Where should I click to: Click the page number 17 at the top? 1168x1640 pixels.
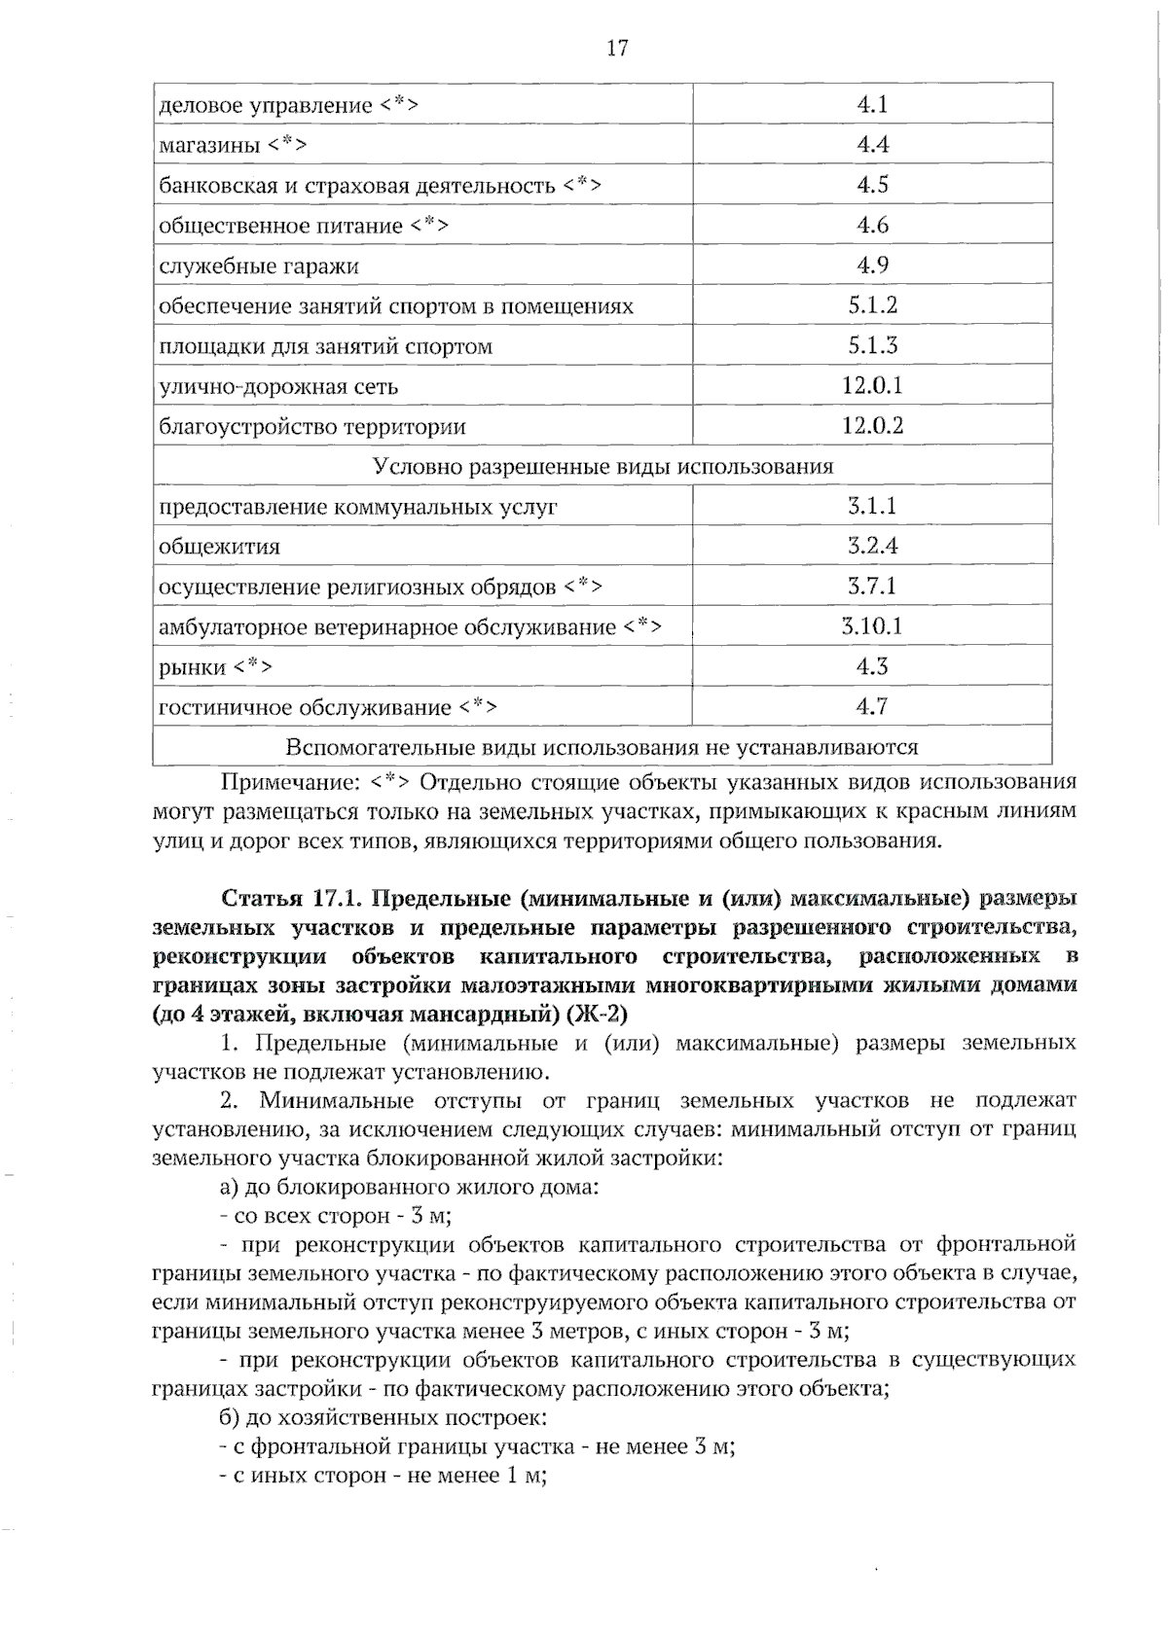[x=617, y=48]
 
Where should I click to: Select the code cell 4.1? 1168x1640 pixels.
[x=872, y=104]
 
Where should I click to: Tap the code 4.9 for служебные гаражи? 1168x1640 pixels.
[x=872, y=265]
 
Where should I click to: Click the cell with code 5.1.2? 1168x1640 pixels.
[x=872, y=305]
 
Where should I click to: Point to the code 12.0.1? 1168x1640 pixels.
[x=872, y=386]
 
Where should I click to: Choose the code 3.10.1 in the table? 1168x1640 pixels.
[x=872, y=626]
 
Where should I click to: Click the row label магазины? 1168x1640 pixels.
[x=208, y=146]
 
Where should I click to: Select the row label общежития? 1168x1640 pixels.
[x=219, y=547]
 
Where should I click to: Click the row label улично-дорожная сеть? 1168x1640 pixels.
[x=278, y=387]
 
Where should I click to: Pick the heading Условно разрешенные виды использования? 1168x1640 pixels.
[x=603, y=466]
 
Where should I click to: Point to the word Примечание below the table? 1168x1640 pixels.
[x=278, y=782]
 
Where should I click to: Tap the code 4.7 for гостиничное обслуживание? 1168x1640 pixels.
[x=872, y=706]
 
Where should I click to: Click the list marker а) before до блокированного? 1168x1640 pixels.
[x=230, y=1187]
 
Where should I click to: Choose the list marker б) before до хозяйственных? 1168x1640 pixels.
[x=230, y=1417]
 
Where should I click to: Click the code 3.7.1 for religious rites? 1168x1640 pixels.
[x=872, y=586]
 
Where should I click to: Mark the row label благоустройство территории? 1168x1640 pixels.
[x=311, y=427]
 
